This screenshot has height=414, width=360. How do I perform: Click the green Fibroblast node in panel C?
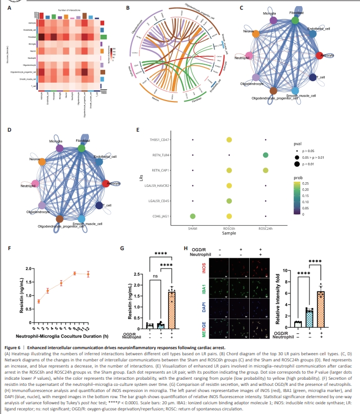coord(295,20)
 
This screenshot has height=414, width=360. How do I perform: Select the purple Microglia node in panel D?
coord(60,148)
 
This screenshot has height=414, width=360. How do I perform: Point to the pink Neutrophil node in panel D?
coord(35,183)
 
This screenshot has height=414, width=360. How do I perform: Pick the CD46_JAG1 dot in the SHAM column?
coord(192,216)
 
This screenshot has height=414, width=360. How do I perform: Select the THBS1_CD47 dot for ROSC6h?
coord(229,139)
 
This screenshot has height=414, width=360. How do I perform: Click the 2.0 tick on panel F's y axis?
coord(29,269)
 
